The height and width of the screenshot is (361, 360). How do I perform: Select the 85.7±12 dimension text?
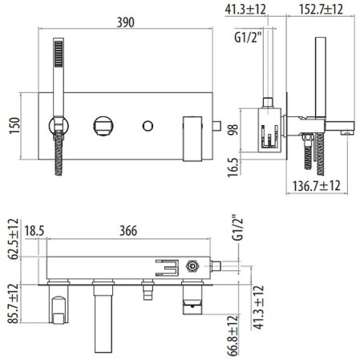pyautogui.click(x=14, y=307)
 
